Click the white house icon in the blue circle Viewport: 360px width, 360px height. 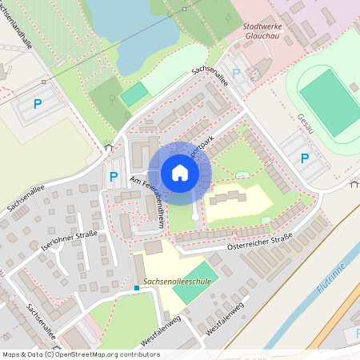coord(180,173)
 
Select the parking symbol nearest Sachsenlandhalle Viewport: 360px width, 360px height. coord(38,103)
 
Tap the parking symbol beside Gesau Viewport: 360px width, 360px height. coord(305,158)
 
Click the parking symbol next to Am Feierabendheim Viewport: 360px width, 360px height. coord(113,177)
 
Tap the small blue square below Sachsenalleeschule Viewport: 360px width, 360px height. coord(138,287)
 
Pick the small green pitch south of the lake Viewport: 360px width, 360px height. coord(134,93)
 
